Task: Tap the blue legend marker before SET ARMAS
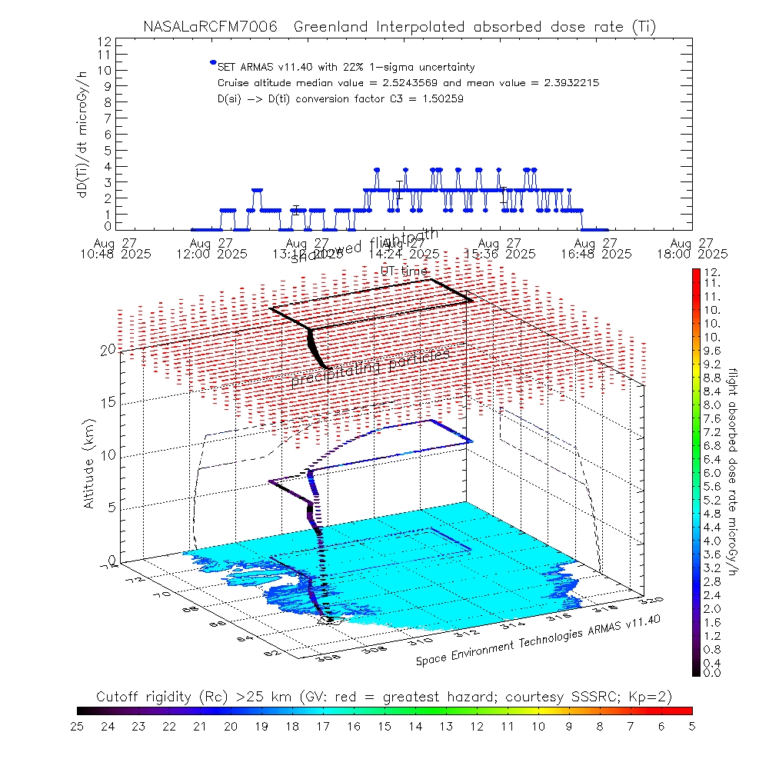213,62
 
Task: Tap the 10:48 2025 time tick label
122,253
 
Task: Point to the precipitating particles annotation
370,368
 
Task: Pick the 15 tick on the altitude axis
108,402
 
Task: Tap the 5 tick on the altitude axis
111,507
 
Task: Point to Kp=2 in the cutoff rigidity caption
653,697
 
